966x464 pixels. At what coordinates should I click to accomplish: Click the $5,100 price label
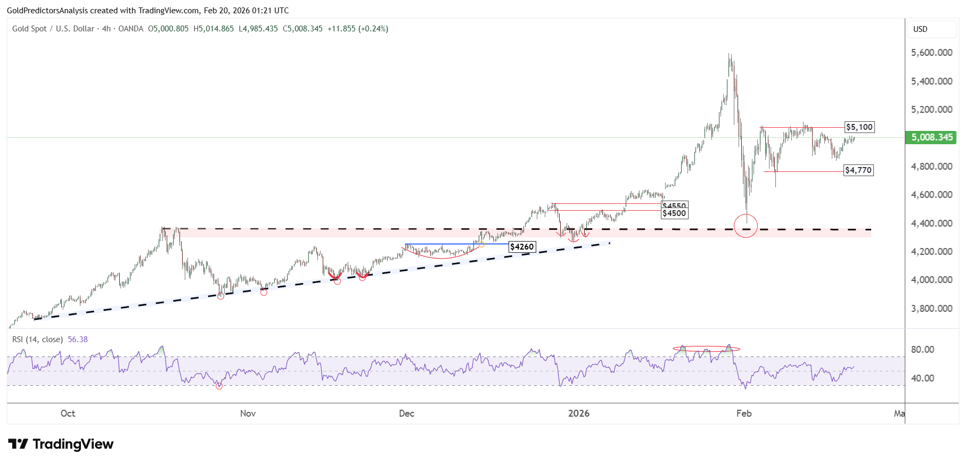[x=859, y=127]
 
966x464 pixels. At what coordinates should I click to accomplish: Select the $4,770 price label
[x=858, y=170]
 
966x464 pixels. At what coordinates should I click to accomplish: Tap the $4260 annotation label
[x=522, y=247]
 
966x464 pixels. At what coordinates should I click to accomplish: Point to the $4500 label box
[x=674, y=213]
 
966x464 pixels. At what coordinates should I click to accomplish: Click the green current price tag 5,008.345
[x=931, y=137]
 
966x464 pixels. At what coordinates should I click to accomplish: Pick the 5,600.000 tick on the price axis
[x=931, y=53]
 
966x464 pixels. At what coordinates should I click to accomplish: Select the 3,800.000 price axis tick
[x=931, y=309]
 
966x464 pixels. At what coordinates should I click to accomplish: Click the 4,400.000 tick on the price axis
[x=931, y=223]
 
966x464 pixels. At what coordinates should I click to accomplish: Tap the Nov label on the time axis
[x=248, y=413]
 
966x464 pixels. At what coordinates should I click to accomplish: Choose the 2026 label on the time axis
[x=579, y=413]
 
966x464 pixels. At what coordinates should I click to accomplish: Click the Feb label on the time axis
[x=744, y=413]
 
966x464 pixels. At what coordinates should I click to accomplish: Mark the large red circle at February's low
[x=746, y=226]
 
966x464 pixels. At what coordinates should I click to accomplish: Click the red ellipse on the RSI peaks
[x=706, y=349]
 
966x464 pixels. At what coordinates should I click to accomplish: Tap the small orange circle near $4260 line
[x=481, y=244]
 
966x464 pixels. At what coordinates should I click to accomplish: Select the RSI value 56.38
[x=78, y=339]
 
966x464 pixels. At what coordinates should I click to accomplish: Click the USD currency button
[x=920, y=29]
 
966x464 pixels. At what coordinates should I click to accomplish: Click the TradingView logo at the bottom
[x=61, y=444]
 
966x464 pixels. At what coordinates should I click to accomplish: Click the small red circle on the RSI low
[x=219, y=386]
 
